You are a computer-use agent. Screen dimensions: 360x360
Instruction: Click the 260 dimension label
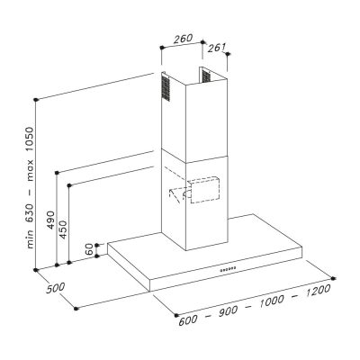[x=183, y=39]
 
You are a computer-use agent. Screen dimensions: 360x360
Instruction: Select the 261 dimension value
[x=217, y=48]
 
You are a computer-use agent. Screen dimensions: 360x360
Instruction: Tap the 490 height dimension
[x=51, y=220]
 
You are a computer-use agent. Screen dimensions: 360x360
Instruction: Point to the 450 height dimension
[x=63, y=229]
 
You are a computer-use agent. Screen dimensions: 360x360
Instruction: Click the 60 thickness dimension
[x=89, y=249]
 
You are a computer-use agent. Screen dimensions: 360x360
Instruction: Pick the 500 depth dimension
[x=56, y=288]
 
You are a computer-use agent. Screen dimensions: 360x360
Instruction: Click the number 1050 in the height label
[x=31, y=140]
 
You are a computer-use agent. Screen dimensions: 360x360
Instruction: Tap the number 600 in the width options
[x=188, y=320]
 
